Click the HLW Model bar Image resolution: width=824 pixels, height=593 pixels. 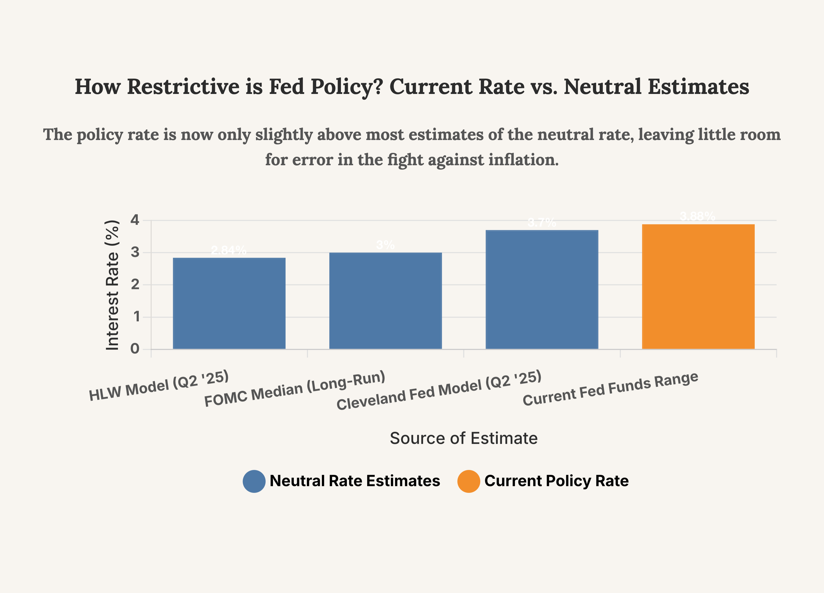click(x=229, y=304)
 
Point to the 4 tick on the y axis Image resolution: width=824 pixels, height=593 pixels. click(x=135, y=220)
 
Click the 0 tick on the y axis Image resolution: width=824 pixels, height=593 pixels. click(x=135, y=349)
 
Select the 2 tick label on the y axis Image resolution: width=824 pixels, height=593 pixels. click(x=135, y=285)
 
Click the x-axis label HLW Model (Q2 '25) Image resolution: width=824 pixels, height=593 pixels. click(x=159, y=386)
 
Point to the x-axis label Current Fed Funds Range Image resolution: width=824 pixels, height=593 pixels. click(x=610, y=389)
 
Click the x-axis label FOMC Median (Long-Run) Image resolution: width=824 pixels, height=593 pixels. click(x=295, y=389)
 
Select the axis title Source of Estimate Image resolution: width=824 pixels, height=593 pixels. click(x=463, y=438)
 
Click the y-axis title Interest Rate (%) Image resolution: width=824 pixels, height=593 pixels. click(x=112, y=285)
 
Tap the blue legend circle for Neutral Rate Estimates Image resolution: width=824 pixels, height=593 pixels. click(x=254, y=481)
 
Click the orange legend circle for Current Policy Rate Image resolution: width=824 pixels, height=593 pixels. click(x=469, y=481)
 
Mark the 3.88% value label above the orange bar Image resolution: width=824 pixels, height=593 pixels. click(x=698, y=216)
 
